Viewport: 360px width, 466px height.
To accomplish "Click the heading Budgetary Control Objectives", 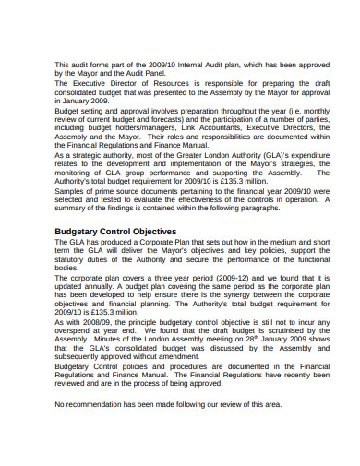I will pos(115,231).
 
